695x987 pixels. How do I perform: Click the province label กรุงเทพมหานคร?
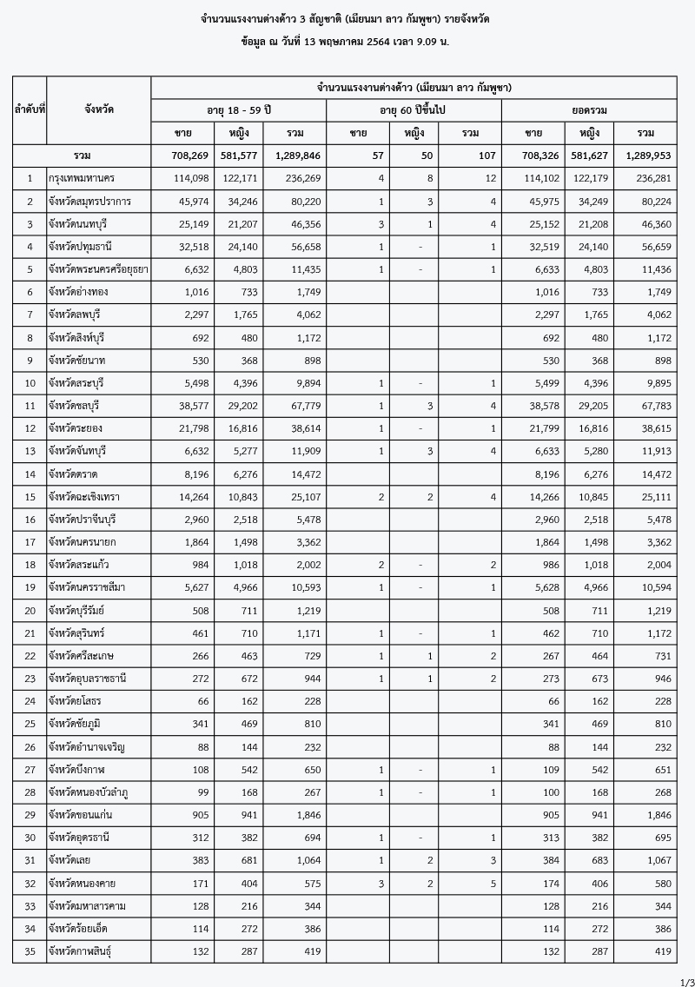tap(83, 179)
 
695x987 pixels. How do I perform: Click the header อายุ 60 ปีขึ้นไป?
tap(414, 110)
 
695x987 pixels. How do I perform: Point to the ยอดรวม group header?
tap(588, 110)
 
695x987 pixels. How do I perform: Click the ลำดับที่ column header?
tap(30, 110)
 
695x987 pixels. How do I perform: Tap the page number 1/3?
tap(685, 981)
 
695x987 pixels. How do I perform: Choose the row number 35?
tap(30, 951)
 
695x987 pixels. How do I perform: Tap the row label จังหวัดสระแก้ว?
tap(83, 564)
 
